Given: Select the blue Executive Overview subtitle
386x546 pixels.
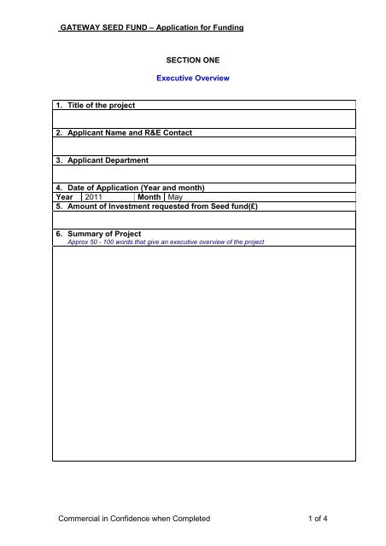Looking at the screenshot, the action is [193, 78].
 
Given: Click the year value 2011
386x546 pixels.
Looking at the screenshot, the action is [96, 197].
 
